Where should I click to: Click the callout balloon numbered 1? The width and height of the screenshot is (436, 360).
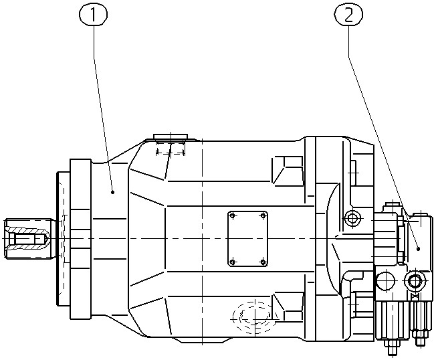[x=93, y=15]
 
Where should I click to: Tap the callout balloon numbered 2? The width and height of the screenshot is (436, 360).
[x=348, y=15]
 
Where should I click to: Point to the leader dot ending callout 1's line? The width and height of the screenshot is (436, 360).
[x=112, y=192]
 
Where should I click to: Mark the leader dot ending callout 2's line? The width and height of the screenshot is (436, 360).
[x=418, y=249]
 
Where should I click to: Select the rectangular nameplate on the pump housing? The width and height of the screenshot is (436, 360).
[x=247, y=239]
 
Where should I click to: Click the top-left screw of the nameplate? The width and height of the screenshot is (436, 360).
[x=233, y=216]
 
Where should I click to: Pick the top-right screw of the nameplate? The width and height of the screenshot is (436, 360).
[x=263, y=216]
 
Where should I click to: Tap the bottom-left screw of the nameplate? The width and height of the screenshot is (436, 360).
[x=233, y=262]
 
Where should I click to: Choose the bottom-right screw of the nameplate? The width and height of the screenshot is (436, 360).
[x=263, y=262]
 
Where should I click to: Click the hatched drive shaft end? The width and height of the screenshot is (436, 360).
[x=28, y=239]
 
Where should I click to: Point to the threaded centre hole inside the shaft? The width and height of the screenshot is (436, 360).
[x=27, y=239]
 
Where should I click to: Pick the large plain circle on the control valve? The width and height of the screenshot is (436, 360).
[x=385, y=280]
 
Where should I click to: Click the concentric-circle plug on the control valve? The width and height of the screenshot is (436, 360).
[x=415, y=281]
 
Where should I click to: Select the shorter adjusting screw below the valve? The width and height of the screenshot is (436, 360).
[x=420, y=323]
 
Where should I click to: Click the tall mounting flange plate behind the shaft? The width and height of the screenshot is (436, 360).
[x=80, y=239]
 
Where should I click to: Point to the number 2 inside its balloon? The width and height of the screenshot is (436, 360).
[x=348, y=15]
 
